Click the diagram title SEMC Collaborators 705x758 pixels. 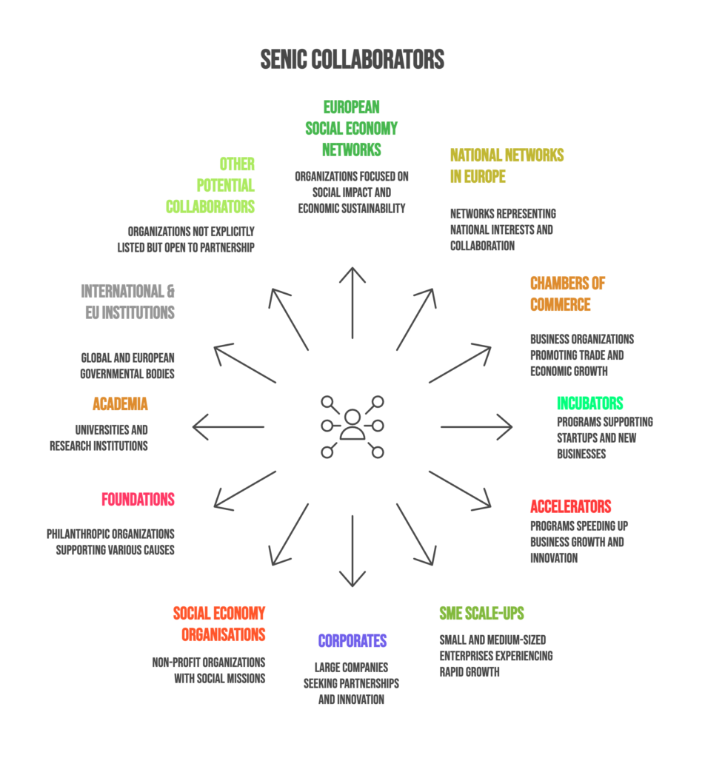click(352, 59)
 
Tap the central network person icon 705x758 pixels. click(352, 426)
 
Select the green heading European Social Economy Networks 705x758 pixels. click(352, 128)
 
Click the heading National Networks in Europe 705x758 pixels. click(507, 166)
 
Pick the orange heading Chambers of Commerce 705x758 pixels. click(568, 294)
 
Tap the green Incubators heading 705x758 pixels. click(590, 403)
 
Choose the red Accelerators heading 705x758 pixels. click(571, 506)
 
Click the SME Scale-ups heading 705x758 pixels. click(481, 613)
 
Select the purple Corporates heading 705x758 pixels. click(352, 641)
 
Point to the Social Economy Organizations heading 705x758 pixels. click(220, 624)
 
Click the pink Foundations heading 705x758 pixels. click(138, 499)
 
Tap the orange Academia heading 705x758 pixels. click(120, 404)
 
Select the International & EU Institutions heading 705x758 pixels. click(128, 301)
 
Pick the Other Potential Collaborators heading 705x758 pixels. click(211, 185)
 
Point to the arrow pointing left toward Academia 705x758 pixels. click(229, 426)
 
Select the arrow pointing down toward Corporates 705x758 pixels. click(352, 551)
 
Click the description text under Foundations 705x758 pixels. click(111, 542)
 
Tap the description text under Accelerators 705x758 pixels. click(578, 542)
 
